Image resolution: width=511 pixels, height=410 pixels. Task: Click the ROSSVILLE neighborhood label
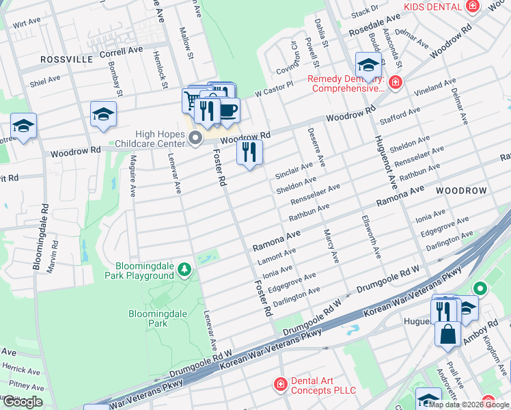(66, 59)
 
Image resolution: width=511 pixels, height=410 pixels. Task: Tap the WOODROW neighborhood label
(461, 189)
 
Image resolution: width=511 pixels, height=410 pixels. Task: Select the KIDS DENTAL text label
(432, 6)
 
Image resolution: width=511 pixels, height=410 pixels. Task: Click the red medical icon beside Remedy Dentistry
(395, 83)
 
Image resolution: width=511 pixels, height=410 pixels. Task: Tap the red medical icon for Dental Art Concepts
(280, 385)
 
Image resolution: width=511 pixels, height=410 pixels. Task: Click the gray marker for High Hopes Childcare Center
(195, 139)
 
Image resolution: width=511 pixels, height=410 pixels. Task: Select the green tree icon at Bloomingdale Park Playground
(184, 271)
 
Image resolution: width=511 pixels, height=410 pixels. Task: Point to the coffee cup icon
(228, 110)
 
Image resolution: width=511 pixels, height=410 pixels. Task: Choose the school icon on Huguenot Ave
(368, 66)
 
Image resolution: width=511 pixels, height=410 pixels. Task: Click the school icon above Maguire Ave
(103, 114)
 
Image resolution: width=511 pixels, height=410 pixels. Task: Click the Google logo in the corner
(23, 401)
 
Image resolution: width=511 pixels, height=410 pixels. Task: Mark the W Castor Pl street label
(274, 88)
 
